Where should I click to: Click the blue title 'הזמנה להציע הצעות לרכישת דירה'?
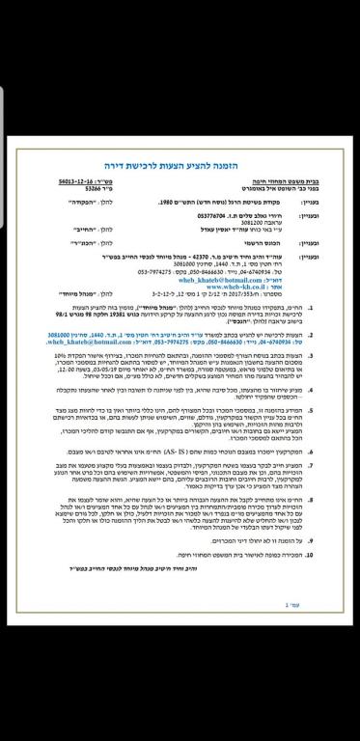(179, 166)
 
